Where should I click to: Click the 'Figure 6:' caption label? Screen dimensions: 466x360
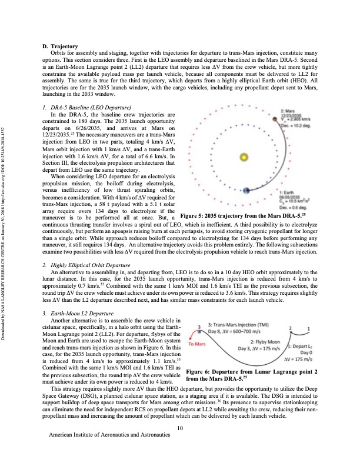click(199, 372)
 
